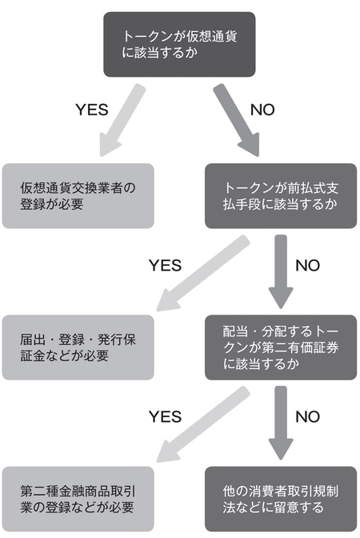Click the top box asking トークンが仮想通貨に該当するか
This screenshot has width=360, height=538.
pos(179,44)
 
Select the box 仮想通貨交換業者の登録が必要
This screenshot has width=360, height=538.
pos(78,196)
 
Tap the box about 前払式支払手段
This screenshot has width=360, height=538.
pos(281,196)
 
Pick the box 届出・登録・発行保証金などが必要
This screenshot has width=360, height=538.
pos(78,347)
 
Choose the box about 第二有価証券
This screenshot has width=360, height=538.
pos(281,347)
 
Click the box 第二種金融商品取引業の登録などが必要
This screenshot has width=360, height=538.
pos(78,499)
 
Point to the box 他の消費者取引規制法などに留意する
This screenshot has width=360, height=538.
pos(281,499)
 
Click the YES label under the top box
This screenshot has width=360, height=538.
pos(92,110)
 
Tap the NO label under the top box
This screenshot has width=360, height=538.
pos(262,110)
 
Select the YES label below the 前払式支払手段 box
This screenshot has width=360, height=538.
pos(166,265)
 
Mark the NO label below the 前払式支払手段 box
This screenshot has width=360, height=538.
pos(307,265)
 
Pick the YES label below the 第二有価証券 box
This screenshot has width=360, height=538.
pos(166,416)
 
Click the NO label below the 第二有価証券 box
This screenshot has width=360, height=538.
pos(307,416)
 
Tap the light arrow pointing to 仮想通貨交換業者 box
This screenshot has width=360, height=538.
pos(122,121)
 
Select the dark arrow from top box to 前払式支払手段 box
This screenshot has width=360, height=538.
pos(238,121)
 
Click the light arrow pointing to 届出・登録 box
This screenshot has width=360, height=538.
pos(203,274)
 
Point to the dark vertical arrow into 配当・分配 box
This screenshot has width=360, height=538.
pos(281,271)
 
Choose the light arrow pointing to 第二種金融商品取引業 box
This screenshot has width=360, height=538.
pos(203,425)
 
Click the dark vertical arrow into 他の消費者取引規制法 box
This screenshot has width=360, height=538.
pos(281,423)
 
